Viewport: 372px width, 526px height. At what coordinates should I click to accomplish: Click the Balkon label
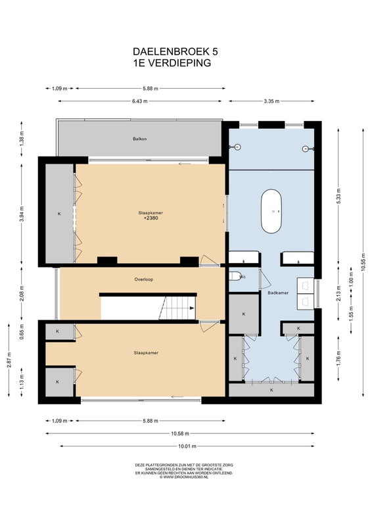point(139,139)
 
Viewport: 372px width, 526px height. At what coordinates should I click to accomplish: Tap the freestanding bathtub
point(271,211)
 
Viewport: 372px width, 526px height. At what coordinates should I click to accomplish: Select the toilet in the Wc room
point(235,276)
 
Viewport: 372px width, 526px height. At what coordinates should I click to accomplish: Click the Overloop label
point(143,279)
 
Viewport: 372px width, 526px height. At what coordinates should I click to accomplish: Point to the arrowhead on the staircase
point(192,308)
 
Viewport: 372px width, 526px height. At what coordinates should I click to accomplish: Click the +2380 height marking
point(151,218)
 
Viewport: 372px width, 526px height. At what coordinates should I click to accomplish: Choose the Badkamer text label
point(278,293)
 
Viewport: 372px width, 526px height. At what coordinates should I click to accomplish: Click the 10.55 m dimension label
point(363,262)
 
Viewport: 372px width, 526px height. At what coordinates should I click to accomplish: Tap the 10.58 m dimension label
point(180,433)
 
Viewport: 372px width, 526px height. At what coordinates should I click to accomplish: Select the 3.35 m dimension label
point(271,101)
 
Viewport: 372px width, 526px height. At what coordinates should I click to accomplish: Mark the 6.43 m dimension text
point(140,101)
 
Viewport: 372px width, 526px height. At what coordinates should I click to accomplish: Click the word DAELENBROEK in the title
point(171,51)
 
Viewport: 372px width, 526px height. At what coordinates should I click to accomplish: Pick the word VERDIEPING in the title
point(179,62)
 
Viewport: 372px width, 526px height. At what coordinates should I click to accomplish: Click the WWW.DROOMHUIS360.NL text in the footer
point(186,477)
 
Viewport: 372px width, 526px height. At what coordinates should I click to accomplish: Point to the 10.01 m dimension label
point(187,446)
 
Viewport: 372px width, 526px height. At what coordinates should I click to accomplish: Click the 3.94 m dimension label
point(22,213)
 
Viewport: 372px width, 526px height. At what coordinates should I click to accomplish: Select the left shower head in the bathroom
point(238,147)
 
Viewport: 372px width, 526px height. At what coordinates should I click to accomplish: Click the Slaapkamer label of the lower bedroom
point(146,353)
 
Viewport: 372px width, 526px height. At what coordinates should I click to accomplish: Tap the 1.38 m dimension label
point(22,138)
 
